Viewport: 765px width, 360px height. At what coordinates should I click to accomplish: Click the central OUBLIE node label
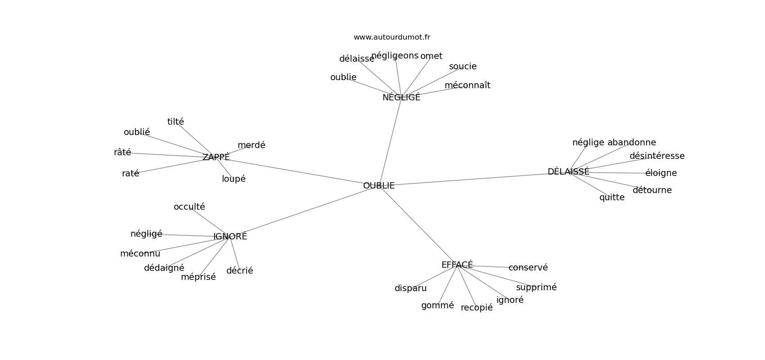379,185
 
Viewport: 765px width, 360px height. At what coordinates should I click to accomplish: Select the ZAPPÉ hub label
216,157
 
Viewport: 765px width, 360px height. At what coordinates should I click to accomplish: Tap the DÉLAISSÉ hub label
568,171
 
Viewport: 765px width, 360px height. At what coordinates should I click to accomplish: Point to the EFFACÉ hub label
457,265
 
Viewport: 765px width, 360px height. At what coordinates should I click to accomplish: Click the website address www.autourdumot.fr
391,37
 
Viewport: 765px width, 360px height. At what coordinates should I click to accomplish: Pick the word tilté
175,121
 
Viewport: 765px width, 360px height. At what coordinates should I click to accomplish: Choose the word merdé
252,145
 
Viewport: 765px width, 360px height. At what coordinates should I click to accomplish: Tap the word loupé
234,179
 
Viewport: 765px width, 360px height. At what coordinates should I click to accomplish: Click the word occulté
189,207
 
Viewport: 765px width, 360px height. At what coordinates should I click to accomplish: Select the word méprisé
198,277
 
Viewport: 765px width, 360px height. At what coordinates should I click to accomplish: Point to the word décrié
239,270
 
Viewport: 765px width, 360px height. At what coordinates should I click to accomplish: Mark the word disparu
410,288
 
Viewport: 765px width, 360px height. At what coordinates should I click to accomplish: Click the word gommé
437,305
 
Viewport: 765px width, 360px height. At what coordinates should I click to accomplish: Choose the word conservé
528,267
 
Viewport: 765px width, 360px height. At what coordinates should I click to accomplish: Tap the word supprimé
536,287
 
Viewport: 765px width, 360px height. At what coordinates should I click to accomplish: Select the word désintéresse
657,156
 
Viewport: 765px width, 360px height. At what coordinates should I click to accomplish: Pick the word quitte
612,197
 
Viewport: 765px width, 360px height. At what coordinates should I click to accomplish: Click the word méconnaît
468,85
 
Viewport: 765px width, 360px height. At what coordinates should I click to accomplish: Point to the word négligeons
395,55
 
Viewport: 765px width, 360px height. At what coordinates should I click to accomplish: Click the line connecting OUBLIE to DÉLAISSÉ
472,179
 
